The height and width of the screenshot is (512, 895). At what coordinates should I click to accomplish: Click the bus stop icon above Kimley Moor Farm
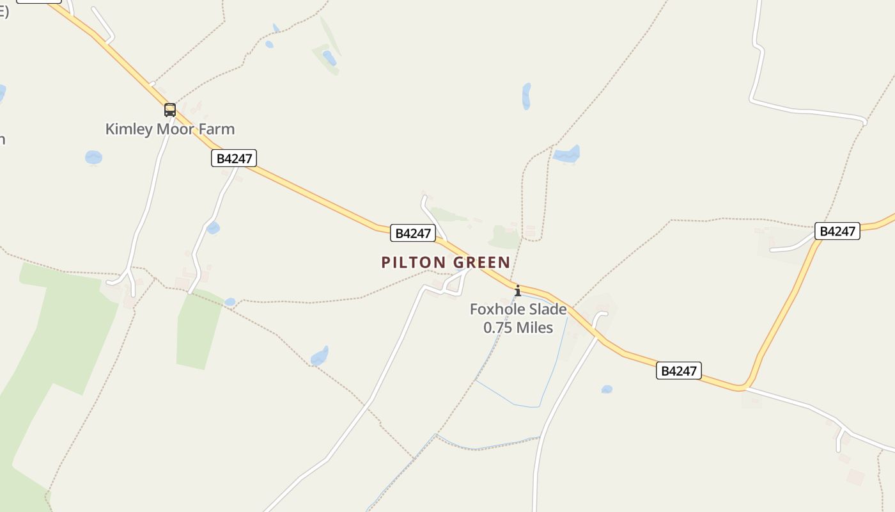click(x=169, y=109)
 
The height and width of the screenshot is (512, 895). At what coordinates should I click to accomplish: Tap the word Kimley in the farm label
click(x=129, y=129)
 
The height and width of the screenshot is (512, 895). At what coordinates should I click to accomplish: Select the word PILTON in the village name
click(x=413, y=262)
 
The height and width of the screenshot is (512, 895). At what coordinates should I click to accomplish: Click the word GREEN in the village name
click(x=481, y=262)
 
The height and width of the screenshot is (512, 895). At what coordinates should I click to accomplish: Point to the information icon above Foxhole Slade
click(x=517, y=291)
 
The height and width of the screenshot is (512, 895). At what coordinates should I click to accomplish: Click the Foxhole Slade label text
click(x=518, y=310)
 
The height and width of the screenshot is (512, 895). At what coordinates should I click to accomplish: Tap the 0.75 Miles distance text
click(x=518, y=328)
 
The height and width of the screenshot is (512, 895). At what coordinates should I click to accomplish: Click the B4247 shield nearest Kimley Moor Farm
click(x=234, y=158)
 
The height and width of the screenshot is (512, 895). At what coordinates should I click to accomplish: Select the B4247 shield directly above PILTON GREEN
click(x=413, y=233)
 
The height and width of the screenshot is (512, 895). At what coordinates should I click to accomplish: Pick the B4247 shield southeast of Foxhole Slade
click(x=678, y=371)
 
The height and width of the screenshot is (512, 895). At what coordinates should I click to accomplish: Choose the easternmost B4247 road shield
click(x=837, y=231)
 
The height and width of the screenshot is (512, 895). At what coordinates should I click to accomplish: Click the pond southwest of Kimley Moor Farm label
click(x=93, y=157)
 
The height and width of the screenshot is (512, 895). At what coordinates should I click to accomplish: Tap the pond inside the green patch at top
click(x=329, y=58)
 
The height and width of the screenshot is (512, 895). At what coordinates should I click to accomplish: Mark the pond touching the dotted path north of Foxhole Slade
click(x=567, y=154)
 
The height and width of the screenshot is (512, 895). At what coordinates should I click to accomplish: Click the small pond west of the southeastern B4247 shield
click(x=607, y=389)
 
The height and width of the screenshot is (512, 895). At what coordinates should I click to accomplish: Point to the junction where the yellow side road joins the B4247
click(x=743, y=387)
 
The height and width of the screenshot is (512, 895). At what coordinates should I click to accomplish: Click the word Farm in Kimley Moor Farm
click(x=217, y=129)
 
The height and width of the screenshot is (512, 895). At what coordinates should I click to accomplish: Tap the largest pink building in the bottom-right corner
click(x=855, y=477)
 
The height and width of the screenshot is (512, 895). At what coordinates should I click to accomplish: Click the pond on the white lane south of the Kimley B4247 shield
click(x=214, y=228)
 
